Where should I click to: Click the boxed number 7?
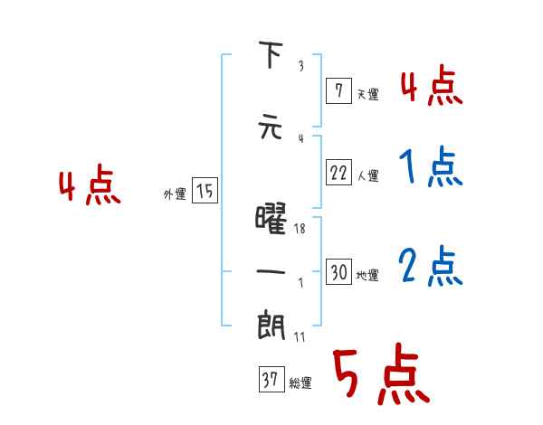(x=338, y=91)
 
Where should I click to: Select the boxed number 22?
(x=338, y=173)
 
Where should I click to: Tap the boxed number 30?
(x=338, y=273)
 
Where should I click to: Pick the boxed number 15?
(x=205, y=191)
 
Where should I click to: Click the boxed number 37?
(x=271, y=382)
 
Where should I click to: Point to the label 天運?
(x=367, y=93)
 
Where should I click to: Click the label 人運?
(x=367, y=175)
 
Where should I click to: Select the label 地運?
(x=367, y=275)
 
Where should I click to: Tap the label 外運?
(x=175, y=193)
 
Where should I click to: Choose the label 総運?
(x=300, y=383)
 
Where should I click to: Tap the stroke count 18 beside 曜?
(x=301, y=229)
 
